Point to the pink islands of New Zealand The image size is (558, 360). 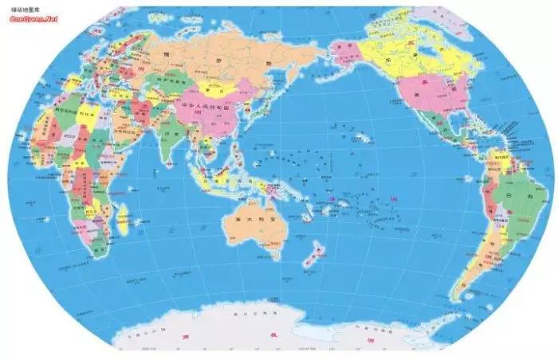(312, 253)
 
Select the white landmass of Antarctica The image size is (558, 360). (279, 335)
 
